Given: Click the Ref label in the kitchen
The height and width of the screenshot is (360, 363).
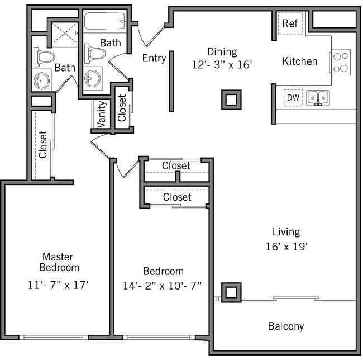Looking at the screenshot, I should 289,23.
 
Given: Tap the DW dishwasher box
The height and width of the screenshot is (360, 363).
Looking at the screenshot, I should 293,98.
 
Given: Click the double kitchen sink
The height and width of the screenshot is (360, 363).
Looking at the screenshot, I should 317,98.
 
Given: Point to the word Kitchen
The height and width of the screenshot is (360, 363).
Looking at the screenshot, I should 300,61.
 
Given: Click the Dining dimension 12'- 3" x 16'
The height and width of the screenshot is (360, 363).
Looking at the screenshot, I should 222,64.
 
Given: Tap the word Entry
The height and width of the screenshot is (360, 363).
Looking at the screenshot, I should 154,58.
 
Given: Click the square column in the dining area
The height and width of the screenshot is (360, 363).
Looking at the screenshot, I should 230,100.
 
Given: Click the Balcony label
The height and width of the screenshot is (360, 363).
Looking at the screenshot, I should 285,326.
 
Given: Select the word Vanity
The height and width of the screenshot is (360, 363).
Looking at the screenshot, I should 102,115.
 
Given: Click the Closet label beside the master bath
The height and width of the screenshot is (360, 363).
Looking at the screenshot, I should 43,145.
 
